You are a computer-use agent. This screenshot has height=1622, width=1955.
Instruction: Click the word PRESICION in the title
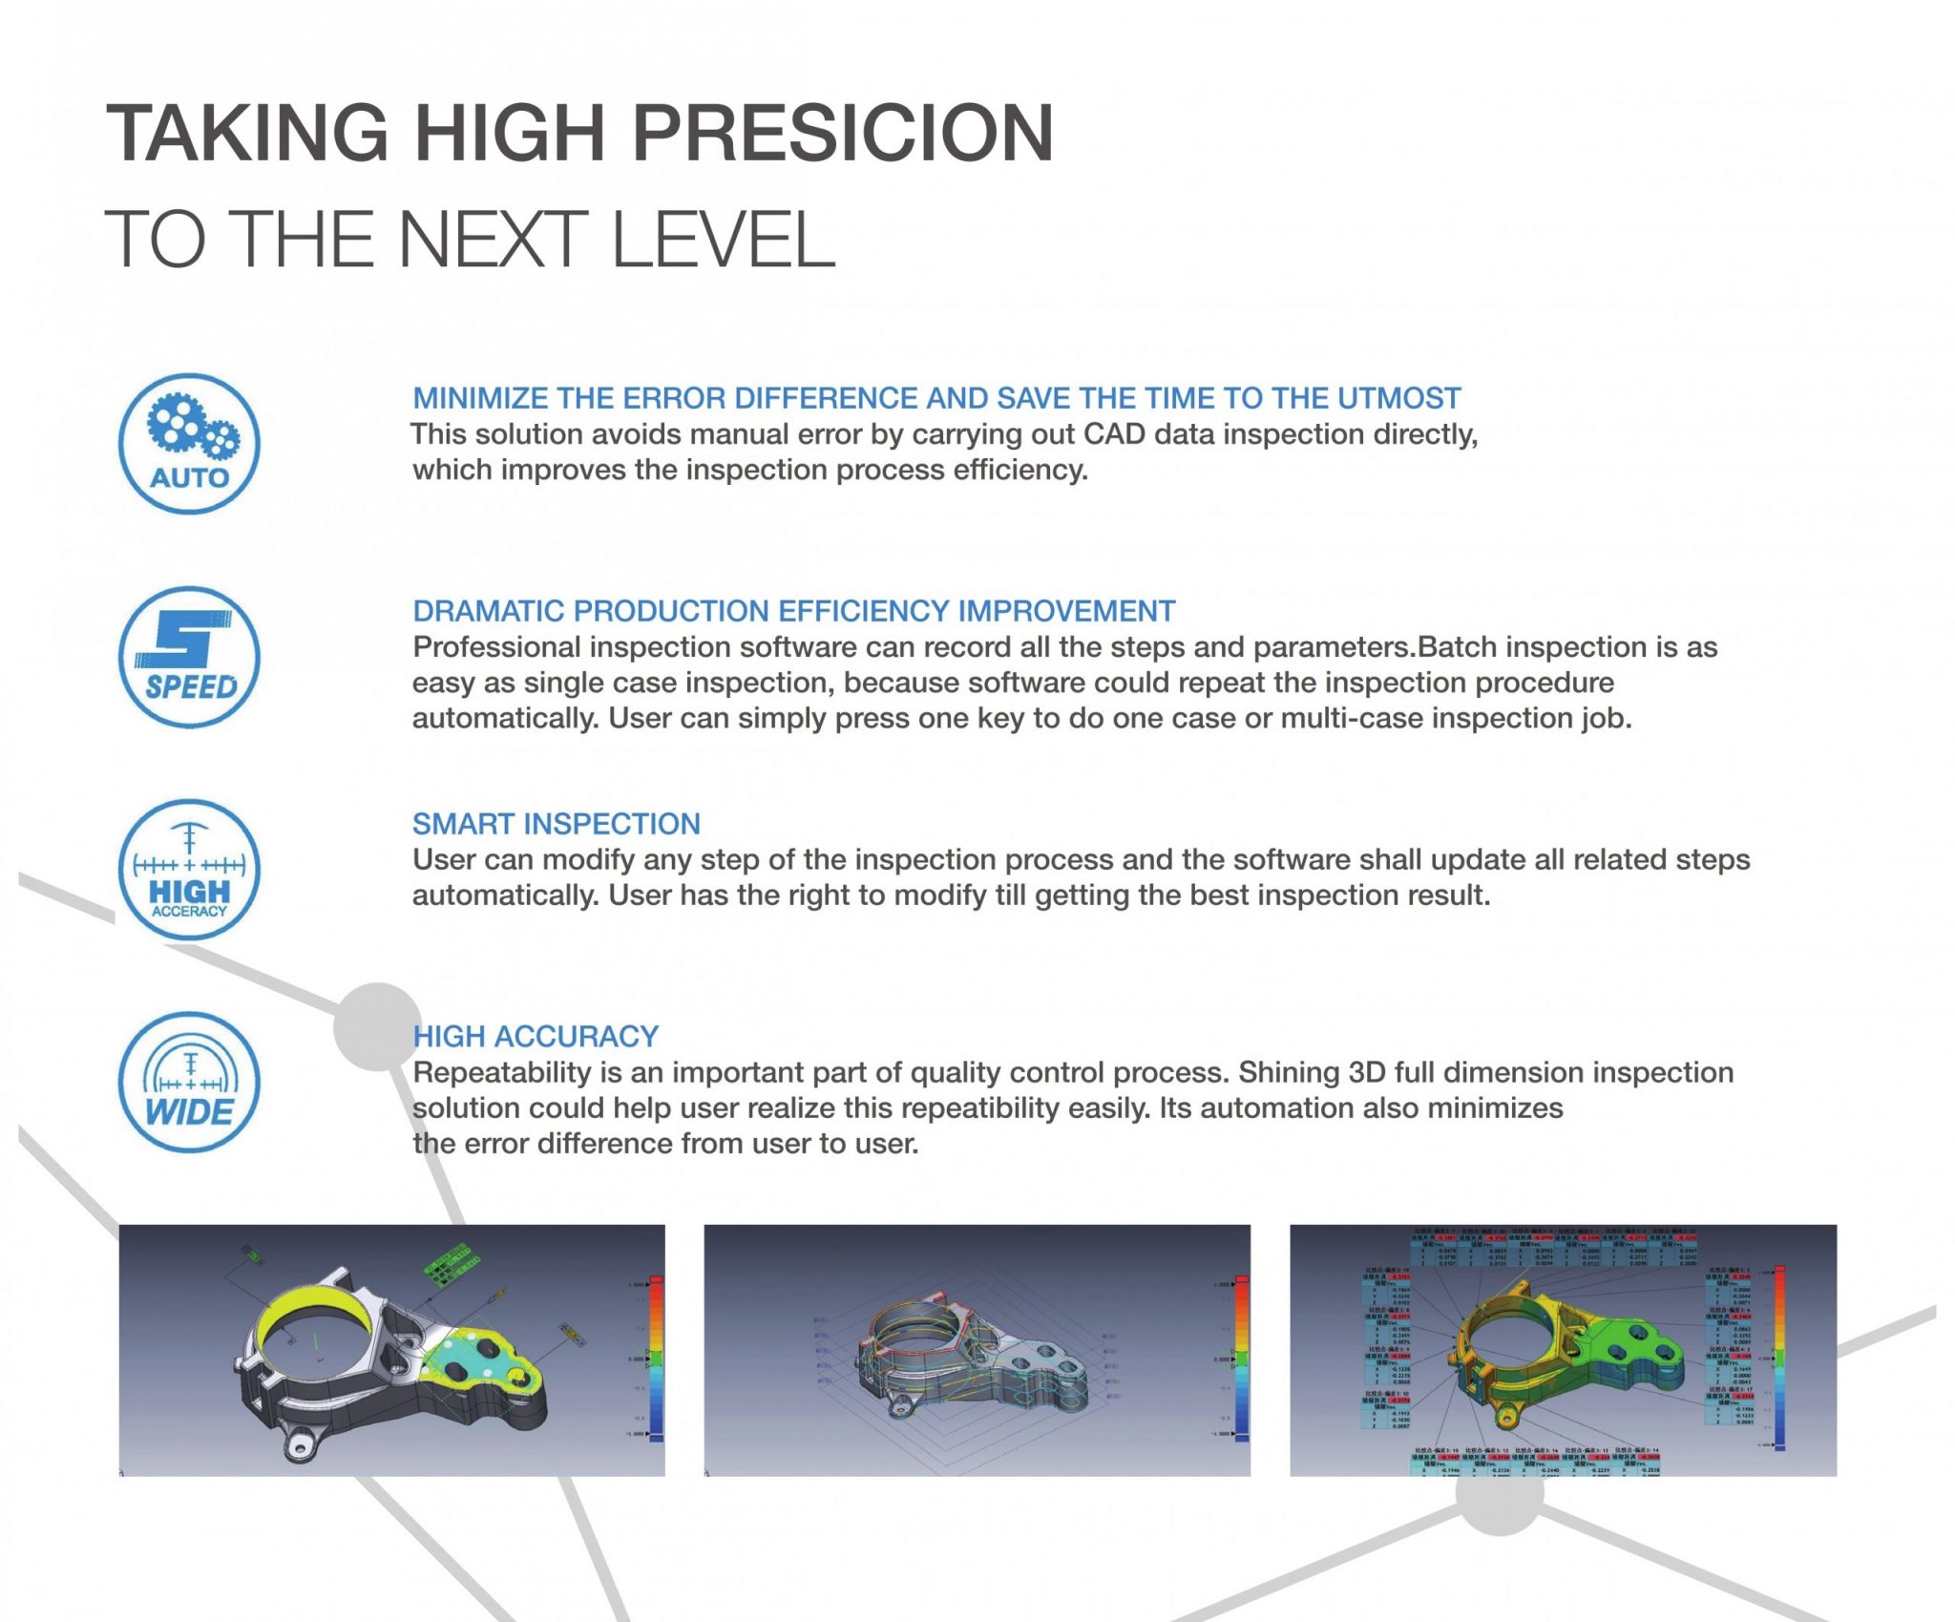843,133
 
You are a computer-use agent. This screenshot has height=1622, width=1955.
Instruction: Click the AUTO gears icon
189,444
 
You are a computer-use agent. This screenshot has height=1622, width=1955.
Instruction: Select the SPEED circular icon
189,657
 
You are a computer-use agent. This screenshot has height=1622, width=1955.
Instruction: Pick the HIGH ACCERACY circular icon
189,870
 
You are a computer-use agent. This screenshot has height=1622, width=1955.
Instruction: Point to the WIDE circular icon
189,1083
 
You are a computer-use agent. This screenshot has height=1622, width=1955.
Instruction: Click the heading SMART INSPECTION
556,823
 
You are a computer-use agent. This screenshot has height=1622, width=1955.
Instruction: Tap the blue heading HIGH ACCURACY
536,1036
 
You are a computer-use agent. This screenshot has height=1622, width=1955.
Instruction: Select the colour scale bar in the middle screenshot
1241,1356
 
